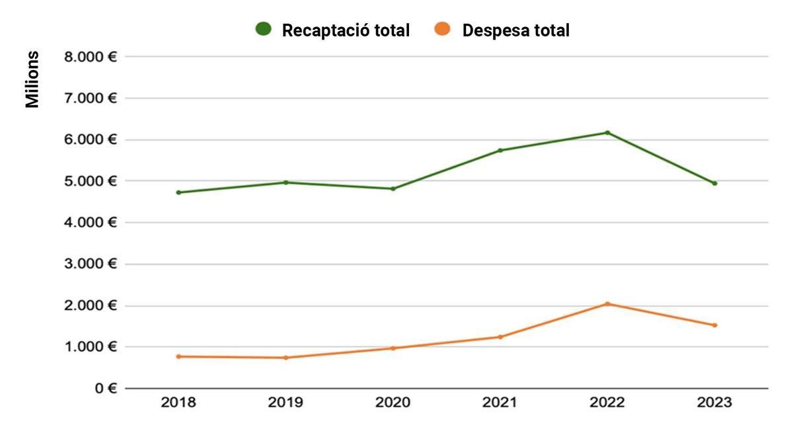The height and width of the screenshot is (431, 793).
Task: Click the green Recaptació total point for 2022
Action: [x=607, y=133]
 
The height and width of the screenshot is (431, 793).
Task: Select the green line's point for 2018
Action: [x=178, y=192]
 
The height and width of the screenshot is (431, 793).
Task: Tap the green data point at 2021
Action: [x=500, y=150]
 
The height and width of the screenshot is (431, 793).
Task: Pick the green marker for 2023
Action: [x=714, y=183]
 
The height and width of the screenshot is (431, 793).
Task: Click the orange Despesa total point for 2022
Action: [x=607, y=304]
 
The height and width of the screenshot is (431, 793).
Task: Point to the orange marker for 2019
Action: [x=285, y=358]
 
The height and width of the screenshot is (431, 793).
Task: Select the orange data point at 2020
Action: [x=393, y=348]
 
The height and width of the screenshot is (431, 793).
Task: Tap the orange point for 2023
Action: [x=714, y=325]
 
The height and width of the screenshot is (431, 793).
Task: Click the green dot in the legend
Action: [x=264, y=30]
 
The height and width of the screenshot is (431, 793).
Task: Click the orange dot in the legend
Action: [x=443, y=30]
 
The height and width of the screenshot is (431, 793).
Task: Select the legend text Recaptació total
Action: [x=346, y=30]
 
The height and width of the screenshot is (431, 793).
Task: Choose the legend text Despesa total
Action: [x=515, y=30]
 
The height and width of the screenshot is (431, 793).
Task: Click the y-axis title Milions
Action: [x=32, y=79]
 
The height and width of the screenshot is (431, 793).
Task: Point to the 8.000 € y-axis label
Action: [x=91, y=57]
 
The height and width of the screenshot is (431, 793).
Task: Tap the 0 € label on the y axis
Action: [x=104, y=388]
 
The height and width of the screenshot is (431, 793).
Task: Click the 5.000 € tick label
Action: [x=91, y=181]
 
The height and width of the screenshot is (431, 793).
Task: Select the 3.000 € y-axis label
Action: [x=91, y=264]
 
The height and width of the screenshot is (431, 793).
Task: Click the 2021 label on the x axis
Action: [x=500, y=403]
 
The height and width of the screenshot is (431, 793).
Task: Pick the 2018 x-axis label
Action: [x=178, y=403]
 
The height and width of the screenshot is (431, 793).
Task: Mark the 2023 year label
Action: [x=714, y=403]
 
